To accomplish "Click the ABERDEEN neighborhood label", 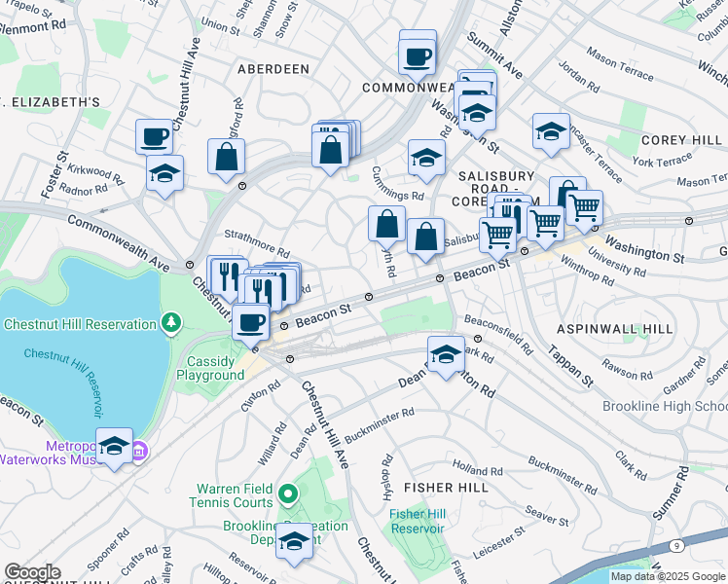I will pyautogui.click(x=273, y=69).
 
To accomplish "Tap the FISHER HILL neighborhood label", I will pyautogui.click(x=446, y=486).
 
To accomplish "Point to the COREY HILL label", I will pyautogui.click(x=681, y=140).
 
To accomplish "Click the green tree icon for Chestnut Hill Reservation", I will pyautogui.click(x=171, y=321).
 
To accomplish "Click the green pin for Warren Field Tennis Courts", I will pyautogui.click(x=287, y=495).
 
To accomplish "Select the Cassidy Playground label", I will pyautogui.click(x=216, y=368).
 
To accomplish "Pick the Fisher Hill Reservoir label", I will pyautogui.click(x=417, y=521).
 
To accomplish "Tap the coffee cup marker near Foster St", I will pyautogui.click(x=154, y=136).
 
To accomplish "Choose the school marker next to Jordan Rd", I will pyautogui.click(x=551, y=131).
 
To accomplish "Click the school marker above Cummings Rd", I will pyautogui.click(x=426, y=158).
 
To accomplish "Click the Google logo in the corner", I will pyautogui.click(x=32, y=572).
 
